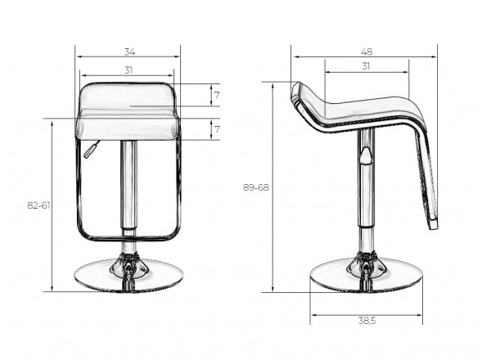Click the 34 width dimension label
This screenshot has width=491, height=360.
tap(129, 52)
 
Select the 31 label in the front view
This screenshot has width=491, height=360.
tap(128, 70)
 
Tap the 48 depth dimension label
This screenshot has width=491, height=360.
tap(367, 52)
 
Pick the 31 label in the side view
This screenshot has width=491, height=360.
tap(366, 66)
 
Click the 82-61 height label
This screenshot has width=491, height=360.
tap(38, 205)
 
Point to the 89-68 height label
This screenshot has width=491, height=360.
tap(256, 187)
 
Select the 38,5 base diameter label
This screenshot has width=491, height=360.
tap(367, 321)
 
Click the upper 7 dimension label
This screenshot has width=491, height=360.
tap(217, 95)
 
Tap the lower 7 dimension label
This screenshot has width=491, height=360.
tap(217, 129)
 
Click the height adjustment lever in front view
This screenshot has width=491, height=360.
tap(92, 150)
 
